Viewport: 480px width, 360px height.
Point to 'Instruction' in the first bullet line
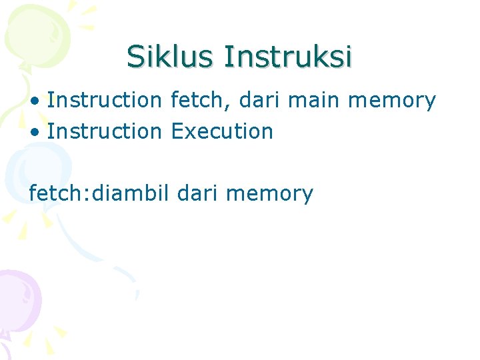[x=105, y=101]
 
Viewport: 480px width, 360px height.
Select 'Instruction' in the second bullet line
[x=105, y=131]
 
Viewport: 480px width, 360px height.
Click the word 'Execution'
[x=222, y=131]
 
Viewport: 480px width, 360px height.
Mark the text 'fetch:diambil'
[x=99, y=193]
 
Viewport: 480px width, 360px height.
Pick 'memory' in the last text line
[x=269, y=194]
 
